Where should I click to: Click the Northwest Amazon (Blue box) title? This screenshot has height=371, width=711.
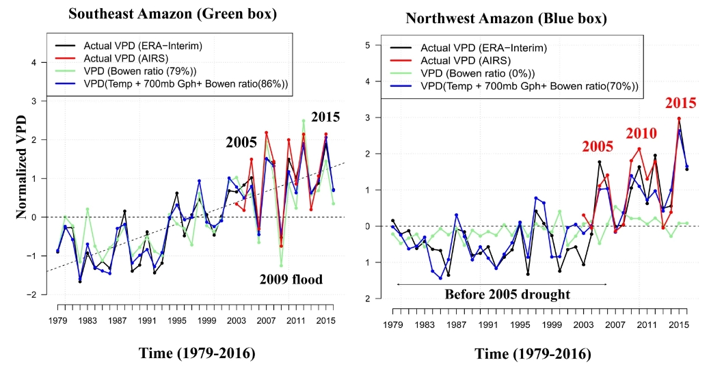click(526, 18)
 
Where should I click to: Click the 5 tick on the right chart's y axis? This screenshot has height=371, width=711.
click(368, 46)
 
